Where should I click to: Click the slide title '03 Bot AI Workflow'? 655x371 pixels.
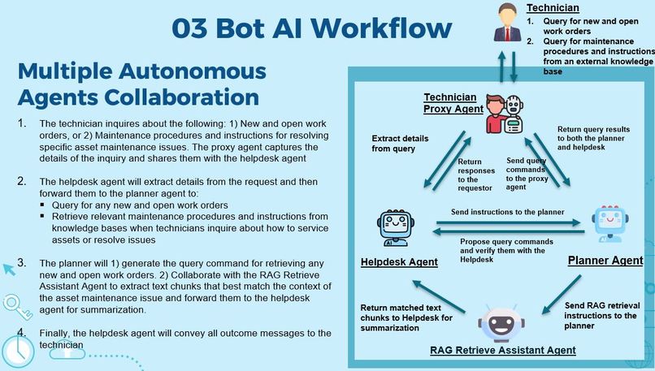(311, 27)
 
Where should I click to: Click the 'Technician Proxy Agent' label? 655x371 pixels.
(453, 102)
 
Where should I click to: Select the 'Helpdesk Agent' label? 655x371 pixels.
(399, 262)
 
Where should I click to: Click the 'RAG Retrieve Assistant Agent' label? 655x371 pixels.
(502, 351)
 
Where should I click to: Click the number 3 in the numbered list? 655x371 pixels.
(21, 264)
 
